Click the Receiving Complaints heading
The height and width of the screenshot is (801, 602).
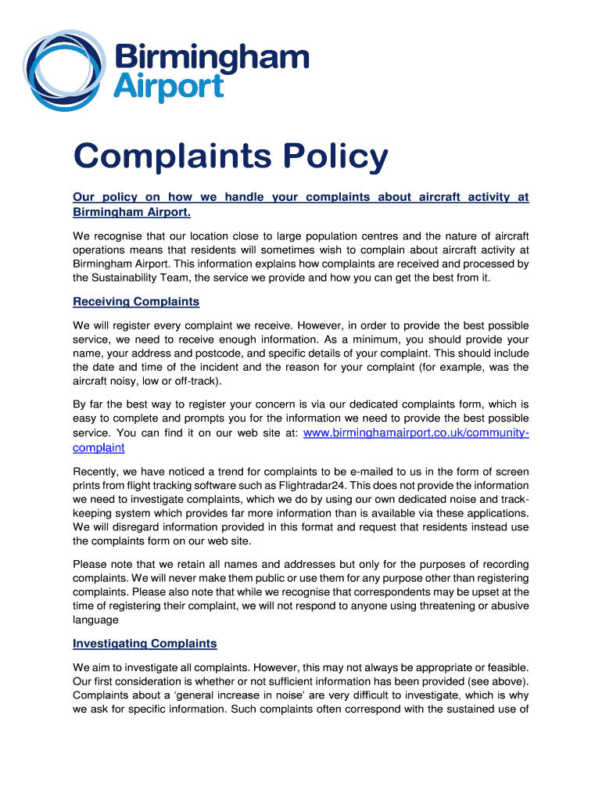[x=136, y=301]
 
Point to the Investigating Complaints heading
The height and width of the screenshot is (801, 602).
[x=145, y=643]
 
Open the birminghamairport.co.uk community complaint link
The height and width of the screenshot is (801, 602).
[x=415, y=433]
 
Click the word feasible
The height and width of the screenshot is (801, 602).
[x=505, y=666]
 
